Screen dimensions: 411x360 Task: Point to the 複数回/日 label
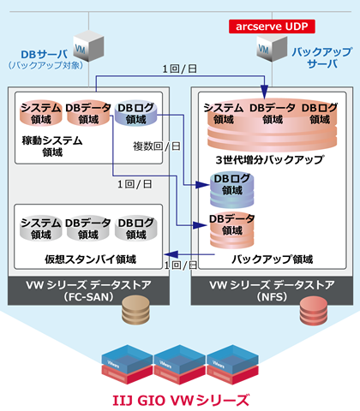[156, 147]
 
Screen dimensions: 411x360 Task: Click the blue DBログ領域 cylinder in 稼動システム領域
[135, 113]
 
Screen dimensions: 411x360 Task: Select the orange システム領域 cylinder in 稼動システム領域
[40, 113]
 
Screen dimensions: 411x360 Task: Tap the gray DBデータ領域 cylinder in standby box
[88, 228]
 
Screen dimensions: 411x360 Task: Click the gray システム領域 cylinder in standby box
[40, 228]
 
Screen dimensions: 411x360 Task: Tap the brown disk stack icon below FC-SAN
[135, 307]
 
